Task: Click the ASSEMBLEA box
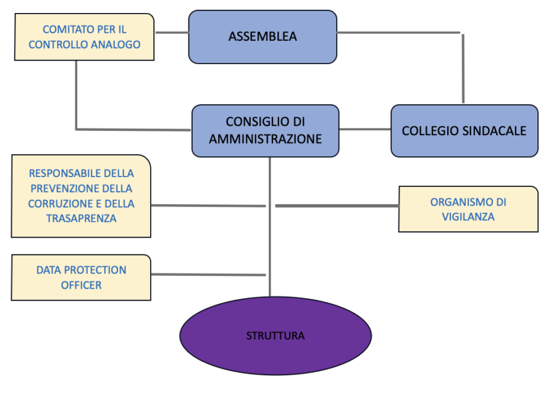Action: click(263, 36)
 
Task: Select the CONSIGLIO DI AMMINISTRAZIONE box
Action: click(265, 130)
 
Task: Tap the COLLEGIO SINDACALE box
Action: click(464, 131)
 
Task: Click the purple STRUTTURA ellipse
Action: click(276, 336)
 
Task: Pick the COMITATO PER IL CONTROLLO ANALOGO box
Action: click(84, 37)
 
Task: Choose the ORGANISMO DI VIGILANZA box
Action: click(468, 209)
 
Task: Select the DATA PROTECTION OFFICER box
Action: click(81, 278)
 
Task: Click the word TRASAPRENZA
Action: click(81, 218)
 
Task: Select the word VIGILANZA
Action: click(468, 217)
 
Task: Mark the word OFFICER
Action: click(81, 285)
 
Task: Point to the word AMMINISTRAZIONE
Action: click(265, 139)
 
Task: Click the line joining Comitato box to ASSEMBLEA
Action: click(171, 33)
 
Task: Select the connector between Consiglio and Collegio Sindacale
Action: click(365, 129)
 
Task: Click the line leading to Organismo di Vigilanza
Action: click(337, 206)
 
